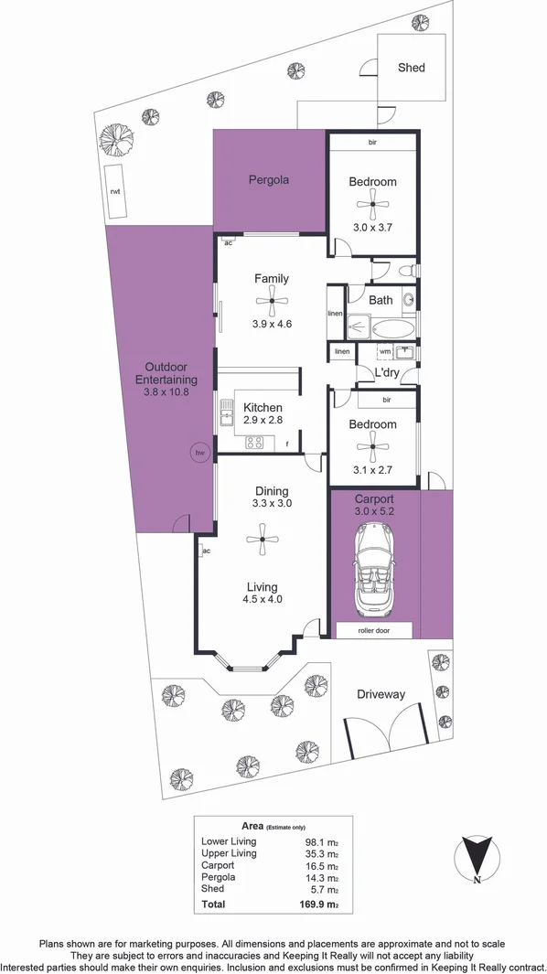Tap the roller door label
point(373,630)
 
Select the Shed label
point(412,68)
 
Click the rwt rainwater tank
point(116,192)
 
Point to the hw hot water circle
point(198,452)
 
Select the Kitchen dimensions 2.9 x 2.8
point(263,422)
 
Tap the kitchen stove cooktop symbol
point(255,443)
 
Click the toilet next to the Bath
point(410,270)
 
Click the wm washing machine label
point(384,351)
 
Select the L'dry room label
point(386,373)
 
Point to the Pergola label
point(269,180)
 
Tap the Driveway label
point(381,695)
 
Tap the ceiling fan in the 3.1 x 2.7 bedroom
point(372,448)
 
